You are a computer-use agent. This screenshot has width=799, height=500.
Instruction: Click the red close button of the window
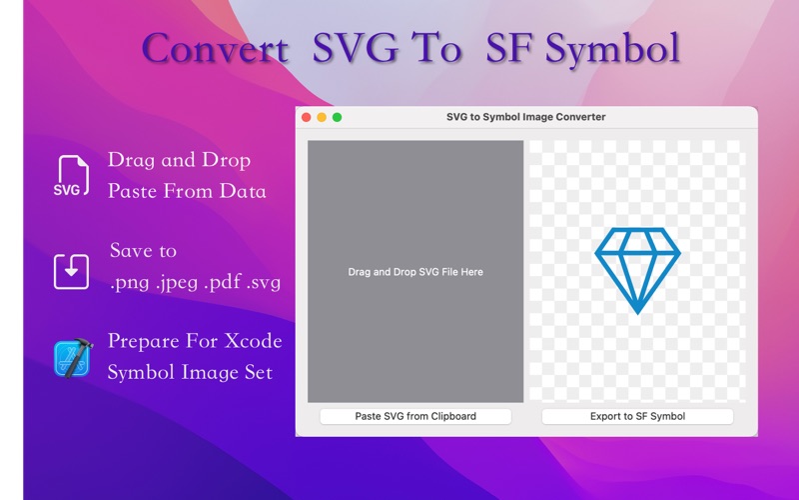point(307,117)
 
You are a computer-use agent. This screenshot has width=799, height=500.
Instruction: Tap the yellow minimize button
point(322,117)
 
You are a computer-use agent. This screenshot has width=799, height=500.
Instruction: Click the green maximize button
point(337,117)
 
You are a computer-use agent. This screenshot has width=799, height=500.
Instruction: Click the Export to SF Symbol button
point(637,416)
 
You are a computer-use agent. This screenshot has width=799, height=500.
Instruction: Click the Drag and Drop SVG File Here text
point(415,272)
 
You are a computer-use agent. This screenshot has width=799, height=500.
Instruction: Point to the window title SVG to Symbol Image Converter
point(526,117)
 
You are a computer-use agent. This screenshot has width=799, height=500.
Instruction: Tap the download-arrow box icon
point(71,271)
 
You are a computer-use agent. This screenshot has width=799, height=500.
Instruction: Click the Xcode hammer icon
point(73,358)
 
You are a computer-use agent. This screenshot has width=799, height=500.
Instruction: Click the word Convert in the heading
point(215,48)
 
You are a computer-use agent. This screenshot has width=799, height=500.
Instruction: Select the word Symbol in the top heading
point(613,49)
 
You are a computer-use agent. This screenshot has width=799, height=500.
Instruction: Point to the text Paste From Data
point(187,191)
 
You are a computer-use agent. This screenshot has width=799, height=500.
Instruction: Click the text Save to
point(143,250)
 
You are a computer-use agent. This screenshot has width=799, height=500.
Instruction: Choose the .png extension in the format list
point(130,282)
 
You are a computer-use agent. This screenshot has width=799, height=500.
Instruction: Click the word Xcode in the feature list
point(254,340)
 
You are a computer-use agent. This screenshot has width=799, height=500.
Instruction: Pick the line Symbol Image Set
point(190,372)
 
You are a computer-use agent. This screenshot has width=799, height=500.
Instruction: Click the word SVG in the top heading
point(355,48)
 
